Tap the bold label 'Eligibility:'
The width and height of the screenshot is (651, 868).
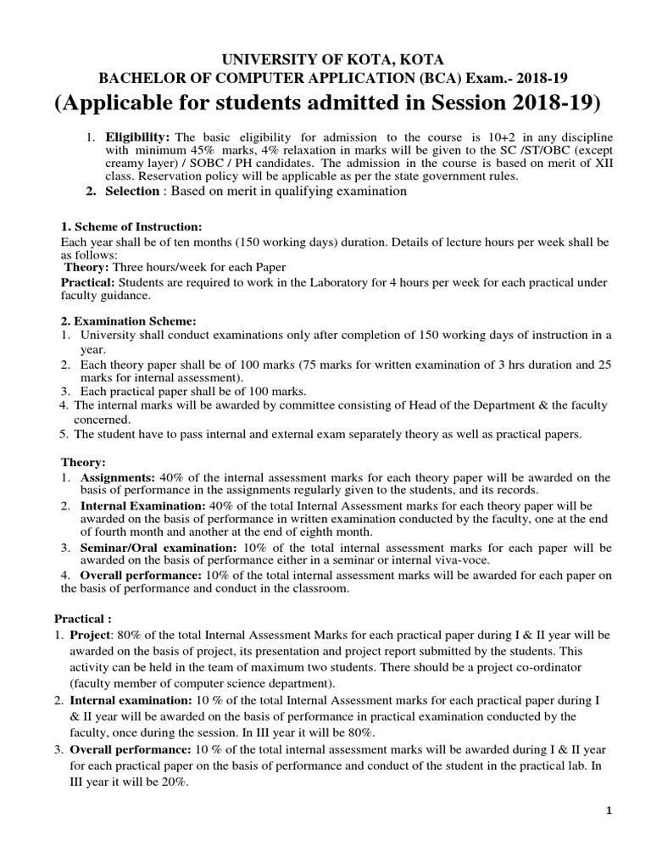pos(137,137)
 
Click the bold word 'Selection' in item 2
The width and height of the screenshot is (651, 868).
pos(131,192)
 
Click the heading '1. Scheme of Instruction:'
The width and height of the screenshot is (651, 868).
pos(131,227)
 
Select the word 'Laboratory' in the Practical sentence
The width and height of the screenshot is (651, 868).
pos(310,281)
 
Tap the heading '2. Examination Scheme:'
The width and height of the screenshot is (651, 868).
pos(128,321)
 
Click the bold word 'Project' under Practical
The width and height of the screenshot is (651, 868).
pos(90,634)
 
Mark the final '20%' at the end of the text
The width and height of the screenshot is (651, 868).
pos(172,783)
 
